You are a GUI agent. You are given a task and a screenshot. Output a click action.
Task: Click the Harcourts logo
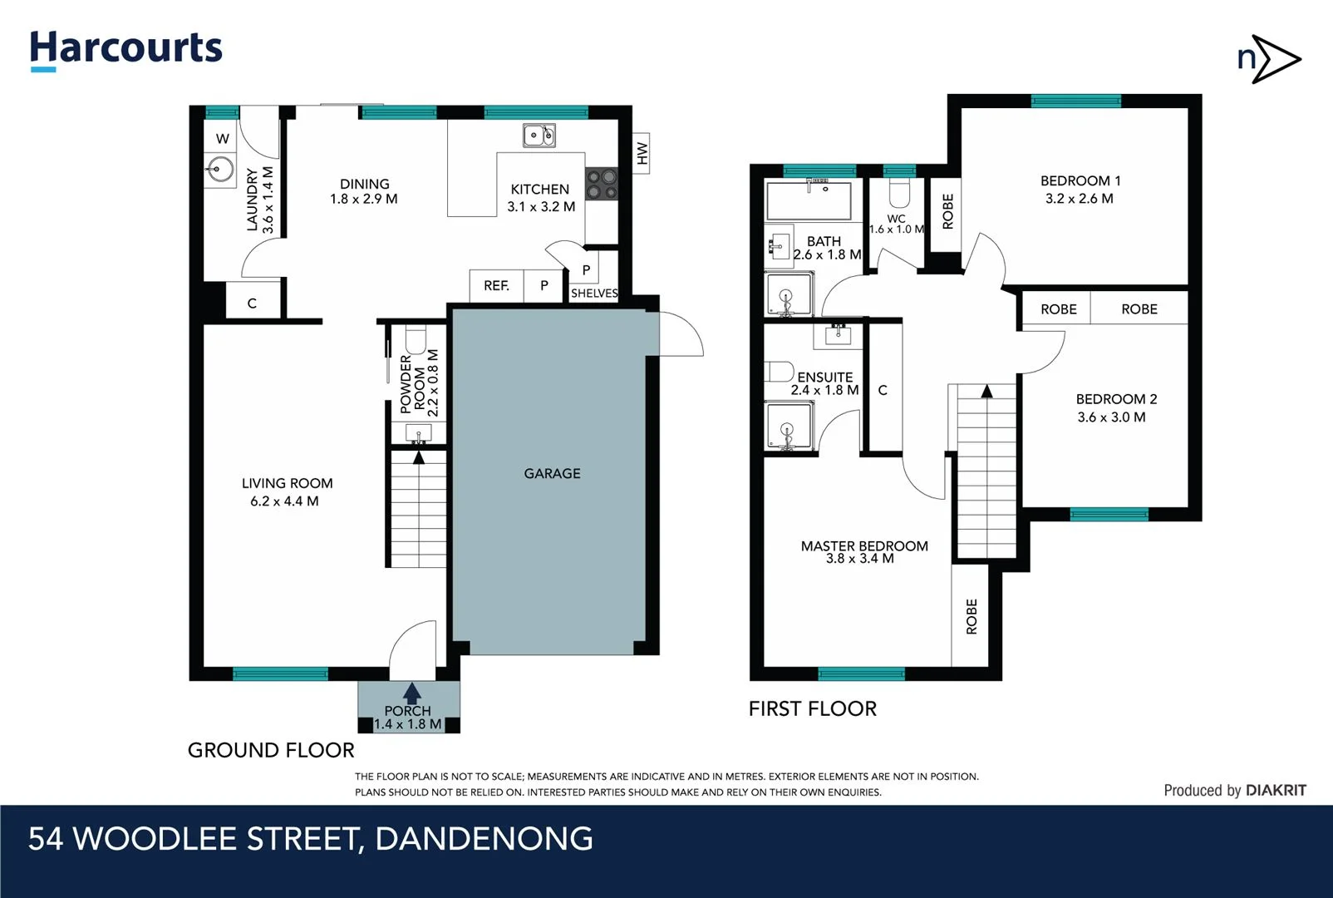126,49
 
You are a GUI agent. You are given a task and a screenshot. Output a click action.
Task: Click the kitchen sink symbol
539,135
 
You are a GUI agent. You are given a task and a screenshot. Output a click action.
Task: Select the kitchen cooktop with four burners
602,184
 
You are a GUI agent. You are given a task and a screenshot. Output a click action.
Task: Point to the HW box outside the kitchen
641,153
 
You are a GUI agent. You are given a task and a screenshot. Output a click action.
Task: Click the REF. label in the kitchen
496,285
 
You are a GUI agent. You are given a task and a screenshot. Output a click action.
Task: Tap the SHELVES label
594,294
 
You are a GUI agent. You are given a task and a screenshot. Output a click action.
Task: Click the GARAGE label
552,473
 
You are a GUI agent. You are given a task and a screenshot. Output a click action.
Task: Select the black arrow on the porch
411,693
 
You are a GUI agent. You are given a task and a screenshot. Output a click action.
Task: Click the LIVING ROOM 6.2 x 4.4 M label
286,492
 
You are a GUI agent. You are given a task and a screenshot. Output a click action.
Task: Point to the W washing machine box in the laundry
222,139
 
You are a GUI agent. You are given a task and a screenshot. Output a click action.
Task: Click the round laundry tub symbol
220,170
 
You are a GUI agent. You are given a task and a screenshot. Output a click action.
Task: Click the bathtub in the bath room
809,200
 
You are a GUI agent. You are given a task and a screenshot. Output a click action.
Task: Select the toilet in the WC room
899,194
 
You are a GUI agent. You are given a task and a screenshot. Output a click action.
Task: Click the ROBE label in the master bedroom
971,616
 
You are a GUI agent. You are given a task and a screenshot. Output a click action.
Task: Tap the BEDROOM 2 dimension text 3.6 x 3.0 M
1111,417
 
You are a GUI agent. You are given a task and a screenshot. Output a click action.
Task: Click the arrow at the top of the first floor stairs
986,391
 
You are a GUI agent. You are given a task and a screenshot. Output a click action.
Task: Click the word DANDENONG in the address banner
484,838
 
